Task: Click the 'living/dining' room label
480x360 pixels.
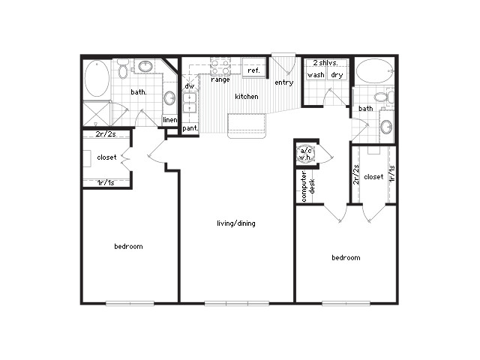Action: [x=235, y=223]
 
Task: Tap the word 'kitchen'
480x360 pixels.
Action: [x=247, y=97]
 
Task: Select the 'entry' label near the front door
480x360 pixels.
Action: [x=283, y=82]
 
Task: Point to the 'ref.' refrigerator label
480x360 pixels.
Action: [x=253, y=70]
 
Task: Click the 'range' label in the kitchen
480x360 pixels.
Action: [x=220, y=79]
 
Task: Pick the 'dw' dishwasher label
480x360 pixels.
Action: [x=189, y=86]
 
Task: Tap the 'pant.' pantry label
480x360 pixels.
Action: [x=190, y=128]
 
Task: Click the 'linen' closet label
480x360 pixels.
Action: [x=170, y=120]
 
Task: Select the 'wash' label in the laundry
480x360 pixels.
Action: [x=316, y=75]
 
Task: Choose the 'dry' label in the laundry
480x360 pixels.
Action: [x=337, y=75]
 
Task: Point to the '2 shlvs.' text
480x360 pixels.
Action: [x=326, y=63]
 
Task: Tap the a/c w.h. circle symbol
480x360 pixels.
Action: [x=306, y=154]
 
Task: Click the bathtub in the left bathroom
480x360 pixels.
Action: [x=97, y=79]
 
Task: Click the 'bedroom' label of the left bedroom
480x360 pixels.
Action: [x=128, y=246]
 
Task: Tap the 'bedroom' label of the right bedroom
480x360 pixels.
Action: [x=346, y=257]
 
